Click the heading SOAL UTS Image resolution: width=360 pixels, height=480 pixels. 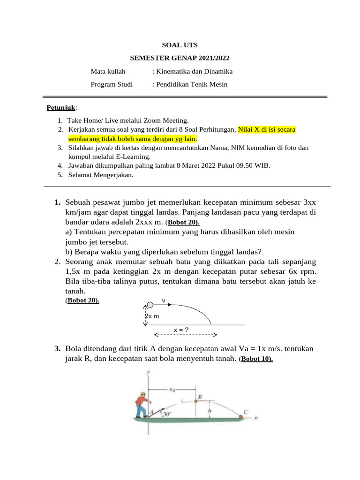click(x=180, y=45)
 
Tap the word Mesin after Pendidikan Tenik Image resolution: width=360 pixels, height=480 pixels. click(x=218, y=84)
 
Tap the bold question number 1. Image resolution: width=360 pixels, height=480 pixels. click(x=57, y=202)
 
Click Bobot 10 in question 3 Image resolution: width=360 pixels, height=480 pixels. click(x=257, y=359)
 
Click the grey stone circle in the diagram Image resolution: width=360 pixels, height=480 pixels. click(x=150, y=305)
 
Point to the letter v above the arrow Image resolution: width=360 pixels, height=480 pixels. click(x=164, y=300)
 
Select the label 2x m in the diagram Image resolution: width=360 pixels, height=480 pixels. click(x=151, y=316)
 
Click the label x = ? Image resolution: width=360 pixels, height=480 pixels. click(x=181, y=330)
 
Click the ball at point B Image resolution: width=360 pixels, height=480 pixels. click(x=196, y=401)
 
